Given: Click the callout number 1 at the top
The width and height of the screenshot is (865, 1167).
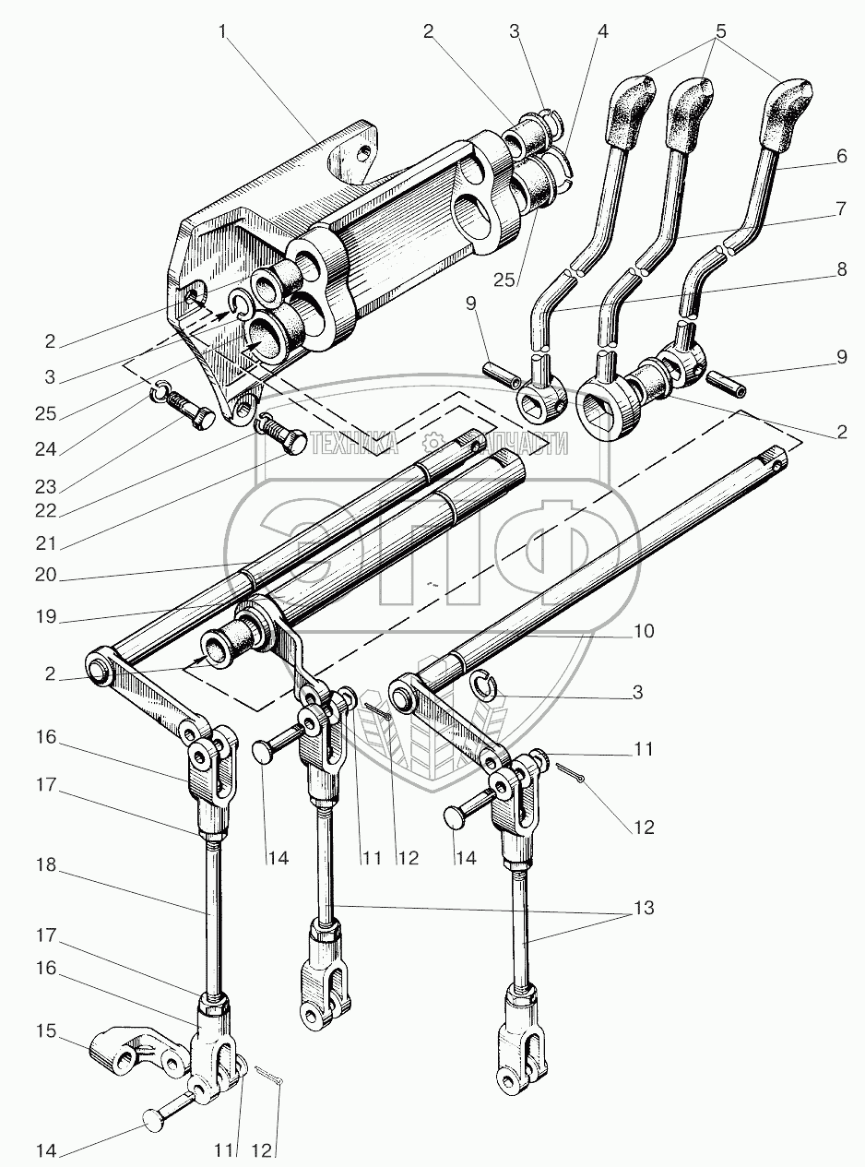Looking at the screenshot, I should tap(223, 31).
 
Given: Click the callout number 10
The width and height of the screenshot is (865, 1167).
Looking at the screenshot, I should tap(644, 631).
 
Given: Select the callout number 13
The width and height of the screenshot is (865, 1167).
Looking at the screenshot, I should tap(643, 908).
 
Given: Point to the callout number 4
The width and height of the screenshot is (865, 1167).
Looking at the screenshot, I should tap(602, 30).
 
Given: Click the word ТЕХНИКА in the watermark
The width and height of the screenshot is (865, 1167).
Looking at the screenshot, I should tap(355, 446).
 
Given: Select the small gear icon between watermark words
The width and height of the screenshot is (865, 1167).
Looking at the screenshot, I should tap(430, 444).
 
